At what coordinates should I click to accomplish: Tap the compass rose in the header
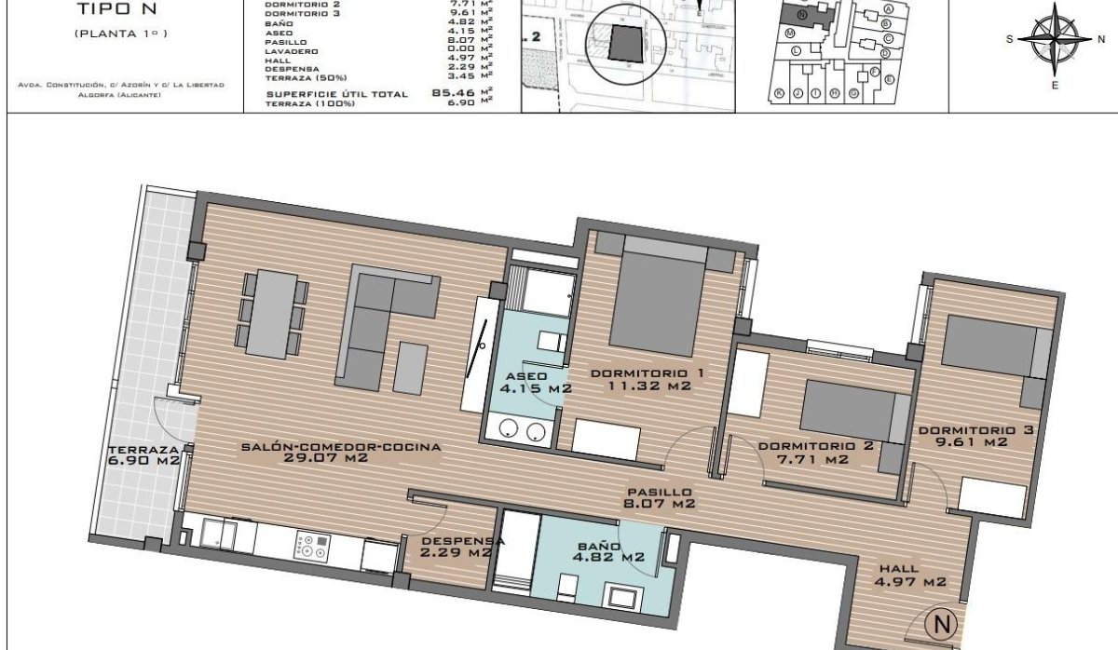pyautogui.click(x=1055, y=39)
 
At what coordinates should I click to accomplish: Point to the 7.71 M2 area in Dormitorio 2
pyautogui.click(x=815, y=459)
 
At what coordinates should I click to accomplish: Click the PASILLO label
pyautogui.click(x=659, y=492)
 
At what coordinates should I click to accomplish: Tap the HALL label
pyautogui.click(x=898, y=568)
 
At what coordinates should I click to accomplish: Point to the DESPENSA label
pyautogui.click(x=462, y=540)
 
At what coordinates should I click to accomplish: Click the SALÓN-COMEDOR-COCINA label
pyautogui.click(x=340, y=447)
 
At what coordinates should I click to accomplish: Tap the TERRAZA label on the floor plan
pyautogui.click(x=142, y=448)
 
